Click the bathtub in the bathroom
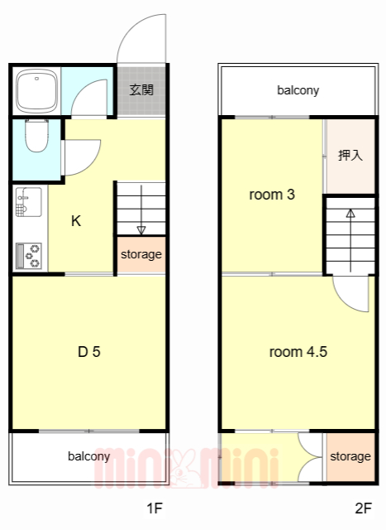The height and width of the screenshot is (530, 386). [36, 91]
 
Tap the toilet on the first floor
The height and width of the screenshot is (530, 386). [36, 135]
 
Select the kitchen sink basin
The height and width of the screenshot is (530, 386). [29, 202]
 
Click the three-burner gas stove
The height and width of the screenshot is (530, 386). [29, 256]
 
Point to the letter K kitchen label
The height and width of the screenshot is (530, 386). [76, 221]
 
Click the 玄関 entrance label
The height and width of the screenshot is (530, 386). [141, 90]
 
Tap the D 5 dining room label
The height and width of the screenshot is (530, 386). [89, 352]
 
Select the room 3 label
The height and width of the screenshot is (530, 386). [272, 195]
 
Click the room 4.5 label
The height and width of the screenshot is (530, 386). [298, 352]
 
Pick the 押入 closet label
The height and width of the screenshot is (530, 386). [350, 156]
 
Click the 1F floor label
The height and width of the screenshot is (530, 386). [155, 508]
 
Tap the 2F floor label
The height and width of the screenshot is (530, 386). [364, 508]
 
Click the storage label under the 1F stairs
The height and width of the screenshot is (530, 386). [141, 254]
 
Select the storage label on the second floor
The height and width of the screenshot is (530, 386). [350, 456]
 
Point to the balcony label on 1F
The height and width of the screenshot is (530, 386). [89, 456]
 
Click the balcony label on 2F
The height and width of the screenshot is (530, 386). [298, 90]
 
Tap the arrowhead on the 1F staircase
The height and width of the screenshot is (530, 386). [141, 230]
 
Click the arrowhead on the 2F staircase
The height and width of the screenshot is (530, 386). [350, 214]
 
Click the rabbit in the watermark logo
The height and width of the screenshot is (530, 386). [184, 468]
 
